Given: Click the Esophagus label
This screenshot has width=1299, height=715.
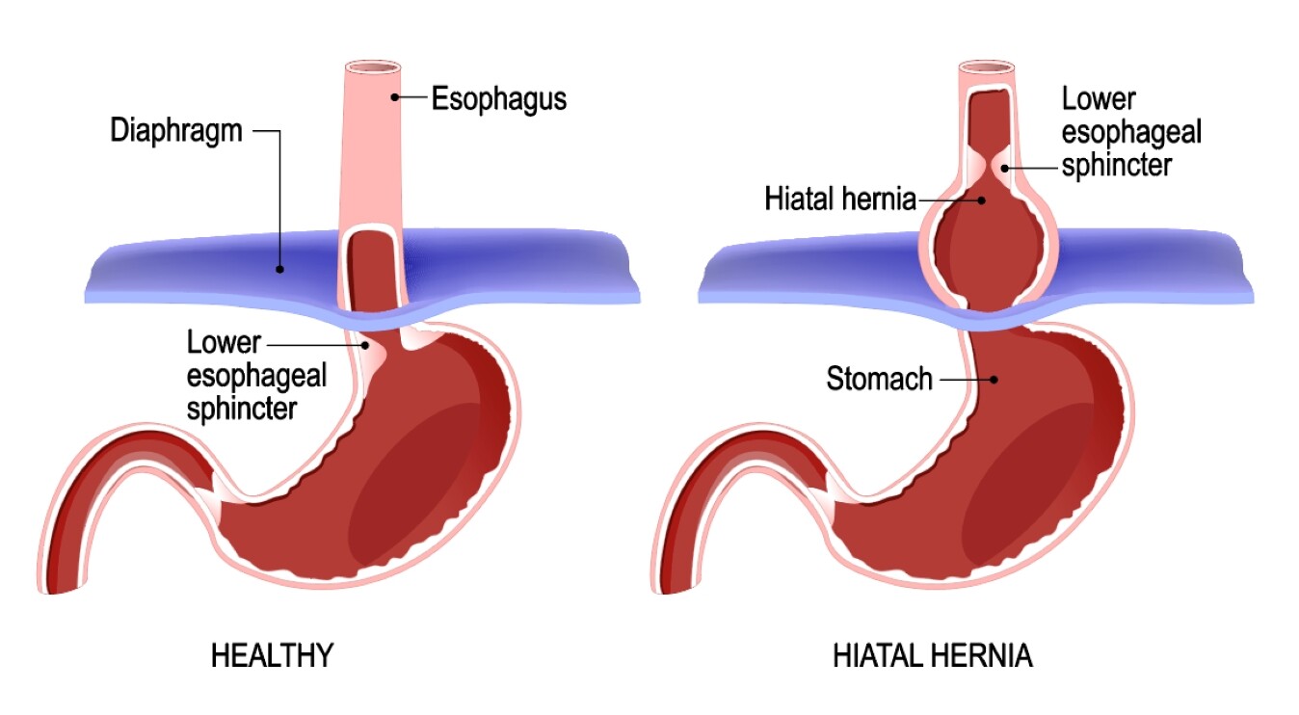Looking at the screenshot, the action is coord(499,98).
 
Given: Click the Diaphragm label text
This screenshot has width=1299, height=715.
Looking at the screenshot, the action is coord(176,131).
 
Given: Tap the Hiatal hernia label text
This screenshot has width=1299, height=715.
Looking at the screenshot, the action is coord(840,199).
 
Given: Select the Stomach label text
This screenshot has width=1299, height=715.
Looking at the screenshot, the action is coord(879,379).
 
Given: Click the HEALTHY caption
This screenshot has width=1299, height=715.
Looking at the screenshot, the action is coord(272,656).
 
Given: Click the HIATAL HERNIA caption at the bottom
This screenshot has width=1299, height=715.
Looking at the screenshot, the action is coord(933,656).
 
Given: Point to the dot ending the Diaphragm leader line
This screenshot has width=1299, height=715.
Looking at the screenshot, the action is coord(279,269).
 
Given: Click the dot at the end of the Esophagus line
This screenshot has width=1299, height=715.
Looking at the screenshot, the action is coord(394,96).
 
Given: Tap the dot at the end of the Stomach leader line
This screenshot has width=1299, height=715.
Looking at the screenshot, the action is coord(994,380).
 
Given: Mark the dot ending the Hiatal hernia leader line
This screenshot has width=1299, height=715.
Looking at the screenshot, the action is coord(981,200).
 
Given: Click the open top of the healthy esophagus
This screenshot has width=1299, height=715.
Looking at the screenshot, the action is coord(373,67).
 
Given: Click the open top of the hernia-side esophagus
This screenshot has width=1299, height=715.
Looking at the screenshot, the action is coord(986,67).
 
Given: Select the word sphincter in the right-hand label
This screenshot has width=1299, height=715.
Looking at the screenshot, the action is coord(1116,166).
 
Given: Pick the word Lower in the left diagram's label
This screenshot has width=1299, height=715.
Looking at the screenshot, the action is coord(224,343).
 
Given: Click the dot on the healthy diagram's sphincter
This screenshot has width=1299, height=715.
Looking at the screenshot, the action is coord(365,345).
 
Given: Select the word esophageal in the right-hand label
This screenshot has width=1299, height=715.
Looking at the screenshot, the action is coord(1131,132).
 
